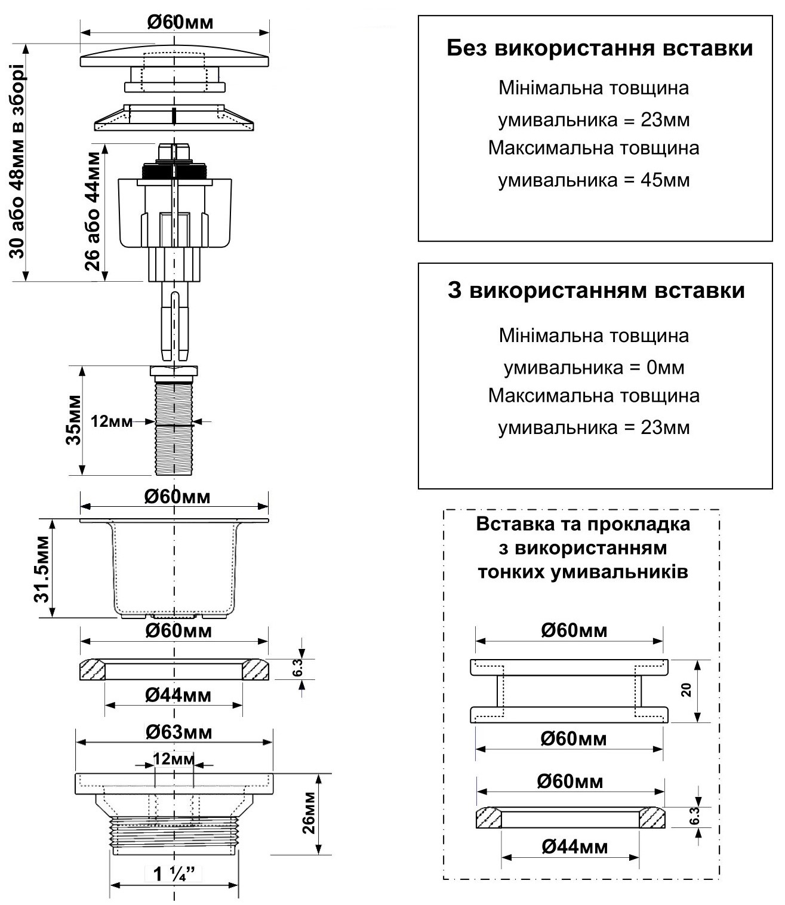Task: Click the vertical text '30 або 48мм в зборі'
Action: coord(17,161)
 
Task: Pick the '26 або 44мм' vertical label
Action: coord(92,211)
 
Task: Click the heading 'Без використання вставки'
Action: coord(599,49)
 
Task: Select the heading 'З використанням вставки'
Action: coord(596,291)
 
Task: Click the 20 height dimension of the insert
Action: coord(687,690)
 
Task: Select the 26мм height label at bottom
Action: coord(309,812)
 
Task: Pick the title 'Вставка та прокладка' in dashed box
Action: coord(583,524)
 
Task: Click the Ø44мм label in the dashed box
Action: coord(574,846)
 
